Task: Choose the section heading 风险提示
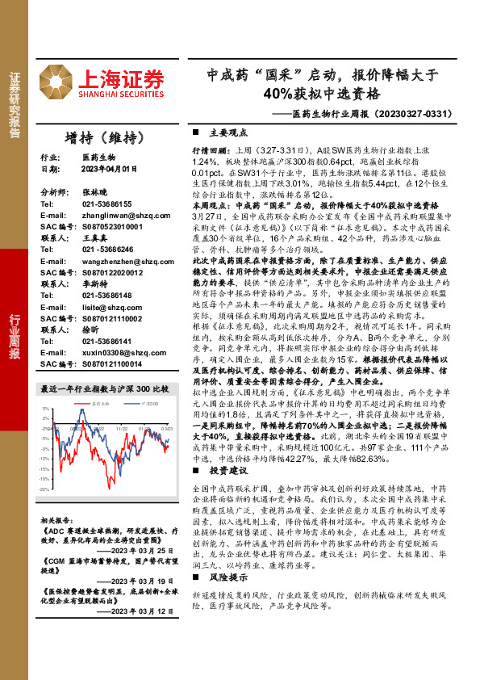point(225,579)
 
